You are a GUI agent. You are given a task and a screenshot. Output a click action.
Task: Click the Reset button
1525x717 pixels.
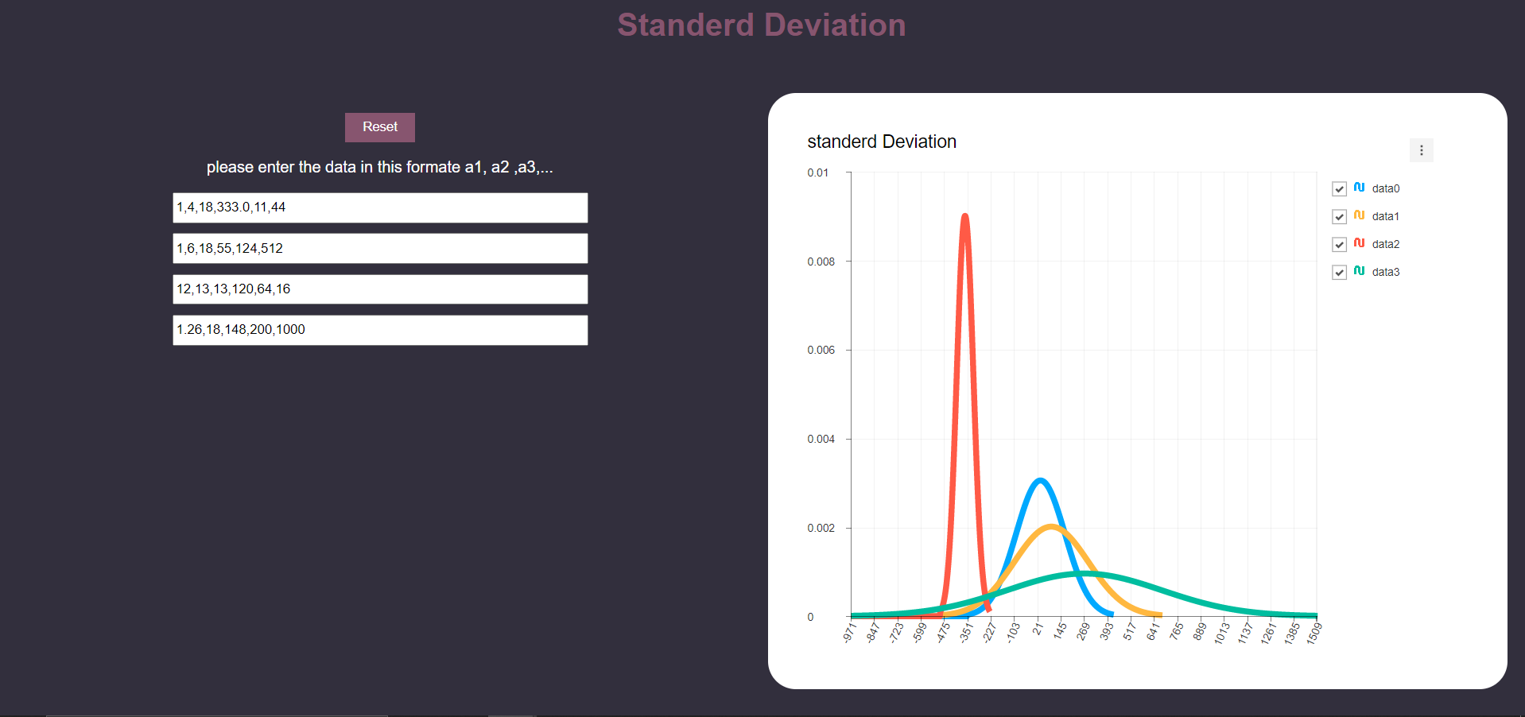[379, 127]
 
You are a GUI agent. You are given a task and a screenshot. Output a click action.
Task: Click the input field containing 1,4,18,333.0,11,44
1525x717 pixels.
[380, 207]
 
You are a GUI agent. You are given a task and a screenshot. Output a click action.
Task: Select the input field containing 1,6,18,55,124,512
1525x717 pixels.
[380, 248]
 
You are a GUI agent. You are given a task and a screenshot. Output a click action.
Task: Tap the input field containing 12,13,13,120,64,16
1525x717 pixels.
[380, 289]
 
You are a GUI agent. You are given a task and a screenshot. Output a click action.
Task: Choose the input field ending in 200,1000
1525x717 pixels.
[380, 330]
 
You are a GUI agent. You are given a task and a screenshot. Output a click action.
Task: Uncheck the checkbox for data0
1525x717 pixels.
[1339, 189]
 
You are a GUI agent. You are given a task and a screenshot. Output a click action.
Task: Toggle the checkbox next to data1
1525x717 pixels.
[1339, 217]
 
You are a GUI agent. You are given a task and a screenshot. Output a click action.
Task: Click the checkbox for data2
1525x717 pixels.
[1339, 245]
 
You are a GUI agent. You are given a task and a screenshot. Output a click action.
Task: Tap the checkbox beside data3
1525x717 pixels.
[1339, 273]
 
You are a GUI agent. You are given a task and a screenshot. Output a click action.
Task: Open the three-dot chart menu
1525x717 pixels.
[1421, 150]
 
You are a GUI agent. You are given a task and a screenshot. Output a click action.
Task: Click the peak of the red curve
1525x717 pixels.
[964, 215]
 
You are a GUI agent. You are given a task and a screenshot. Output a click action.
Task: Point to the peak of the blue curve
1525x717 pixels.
[1040, 480]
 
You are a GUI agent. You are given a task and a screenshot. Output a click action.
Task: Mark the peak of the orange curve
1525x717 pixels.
[1051, 526]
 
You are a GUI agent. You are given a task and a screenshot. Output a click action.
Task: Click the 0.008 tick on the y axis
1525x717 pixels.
[821, 262]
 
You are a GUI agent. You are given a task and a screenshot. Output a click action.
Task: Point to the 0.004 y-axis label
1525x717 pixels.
[821, 439]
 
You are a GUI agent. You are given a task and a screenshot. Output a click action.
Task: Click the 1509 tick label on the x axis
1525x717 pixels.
[1314, 633]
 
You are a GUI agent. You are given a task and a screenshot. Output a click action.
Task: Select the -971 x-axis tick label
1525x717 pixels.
[849, 633]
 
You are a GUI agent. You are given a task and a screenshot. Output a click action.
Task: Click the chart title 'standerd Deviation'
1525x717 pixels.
[882, 141]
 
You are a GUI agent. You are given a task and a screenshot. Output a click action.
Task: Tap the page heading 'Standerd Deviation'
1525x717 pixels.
[762, 25]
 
